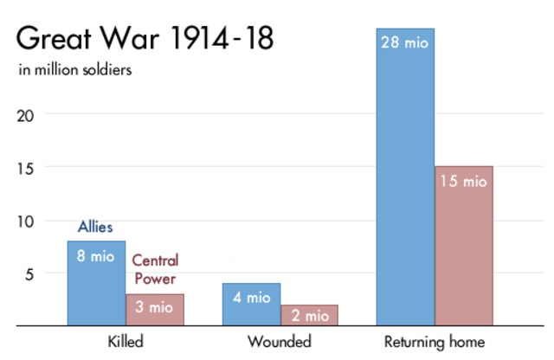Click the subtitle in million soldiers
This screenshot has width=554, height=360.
75,70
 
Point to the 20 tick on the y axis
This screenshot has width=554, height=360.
29,113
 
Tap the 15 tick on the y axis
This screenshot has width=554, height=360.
29,167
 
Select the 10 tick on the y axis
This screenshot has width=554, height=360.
29,221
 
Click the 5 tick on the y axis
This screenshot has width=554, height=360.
32,273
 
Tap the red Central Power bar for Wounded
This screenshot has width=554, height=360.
309,316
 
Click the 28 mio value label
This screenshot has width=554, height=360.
405,40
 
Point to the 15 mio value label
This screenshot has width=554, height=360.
463,182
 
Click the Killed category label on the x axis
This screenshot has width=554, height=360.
125,342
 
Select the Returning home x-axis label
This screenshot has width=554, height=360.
435,342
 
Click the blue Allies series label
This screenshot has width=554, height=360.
96,227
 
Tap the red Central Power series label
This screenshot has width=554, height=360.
153,269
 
